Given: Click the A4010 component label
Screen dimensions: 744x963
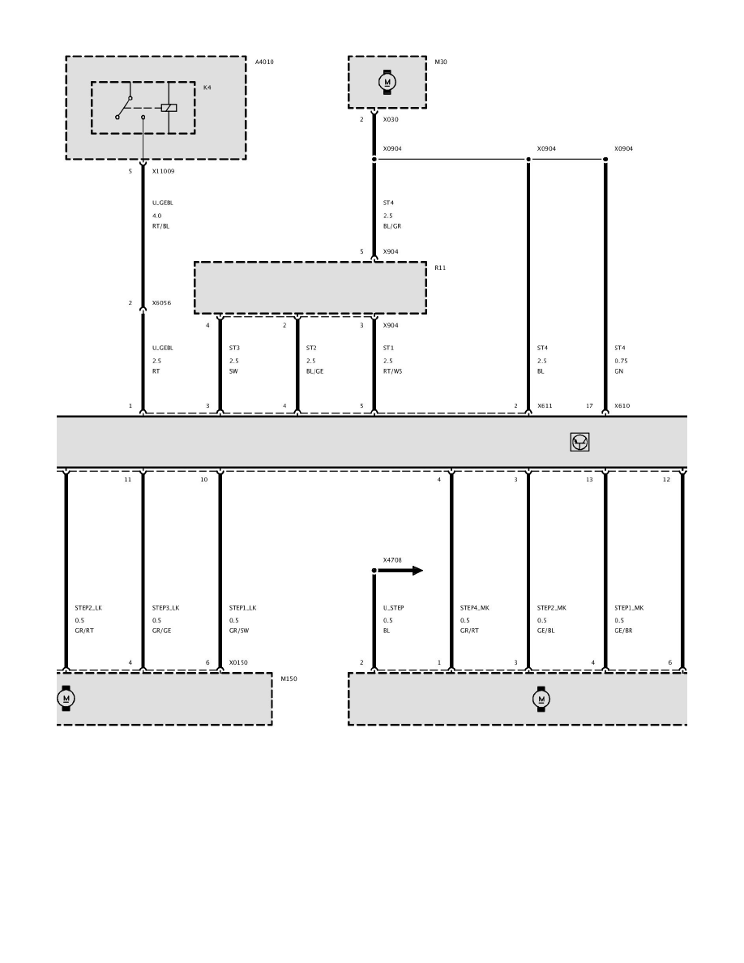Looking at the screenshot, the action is point(264,62).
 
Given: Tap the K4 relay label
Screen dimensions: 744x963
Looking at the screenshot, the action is point(207,88).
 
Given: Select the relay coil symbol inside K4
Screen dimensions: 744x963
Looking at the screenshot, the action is point(169,108).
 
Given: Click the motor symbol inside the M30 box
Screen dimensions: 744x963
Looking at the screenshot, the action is point(387,82).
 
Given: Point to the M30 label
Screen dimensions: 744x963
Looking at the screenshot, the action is point(441,62).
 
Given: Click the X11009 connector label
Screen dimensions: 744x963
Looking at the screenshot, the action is point(163,171).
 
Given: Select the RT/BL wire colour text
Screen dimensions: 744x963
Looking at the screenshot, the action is point(160,226).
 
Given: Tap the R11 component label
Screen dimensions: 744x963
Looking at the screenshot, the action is point(440,267).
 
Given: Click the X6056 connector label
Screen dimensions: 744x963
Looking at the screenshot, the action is point(161,303).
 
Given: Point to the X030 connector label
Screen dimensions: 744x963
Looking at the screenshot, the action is point(391,120).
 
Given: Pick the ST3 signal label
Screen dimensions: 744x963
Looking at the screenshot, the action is point(234,349).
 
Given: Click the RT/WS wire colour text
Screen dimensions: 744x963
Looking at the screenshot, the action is point(392,371).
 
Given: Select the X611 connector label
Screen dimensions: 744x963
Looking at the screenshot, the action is point(545,406).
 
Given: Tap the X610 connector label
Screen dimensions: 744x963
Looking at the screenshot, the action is point(622,406).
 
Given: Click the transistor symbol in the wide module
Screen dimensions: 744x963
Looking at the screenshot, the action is point(579,442).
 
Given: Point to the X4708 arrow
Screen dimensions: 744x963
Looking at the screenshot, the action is point(400,571).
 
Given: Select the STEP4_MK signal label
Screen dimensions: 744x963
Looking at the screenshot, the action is point(474,608).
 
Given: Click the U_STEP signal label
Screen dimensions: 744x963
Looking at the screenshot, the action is point(394,608).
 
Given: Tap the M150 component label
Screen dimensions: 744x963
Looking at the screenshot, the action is point(289,679).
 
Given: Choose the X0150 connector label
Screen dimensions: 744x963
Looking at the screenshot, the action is point(238,663).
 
